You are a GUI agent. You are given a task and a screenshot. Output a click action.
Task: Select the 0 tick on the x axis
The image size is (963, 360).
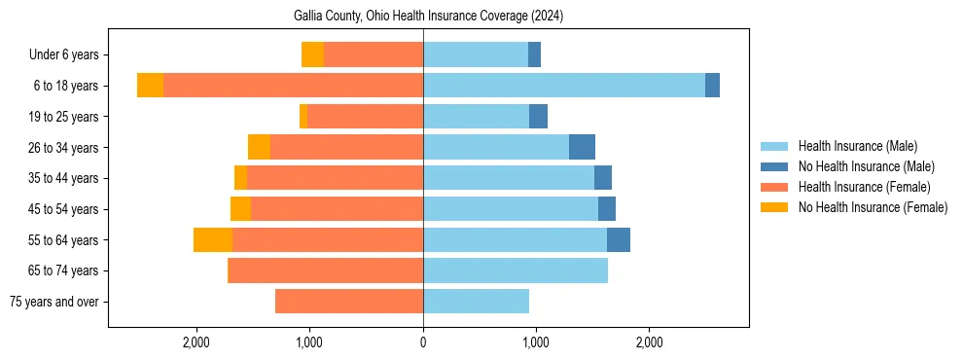[x=423, y=342]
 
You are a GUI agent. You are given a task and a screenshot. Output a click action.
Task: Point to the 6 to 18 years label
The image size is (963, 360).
[x=66, y=86]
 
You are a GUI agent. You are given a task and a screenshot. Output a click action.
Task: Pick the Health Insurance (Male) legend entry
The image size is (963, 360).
[x=857, y=146]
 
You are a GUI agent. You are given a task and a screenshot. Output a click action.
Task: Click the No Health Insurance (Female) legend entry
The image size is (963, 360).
[x=873, y=207]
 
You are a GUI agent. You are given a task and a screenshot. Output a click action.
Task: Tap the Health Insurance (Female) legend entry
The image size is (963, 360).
[x=864, y=187]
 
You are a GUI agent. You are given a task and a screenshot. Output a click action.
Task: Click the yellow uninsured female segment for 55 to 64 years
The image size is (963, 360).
[x=213, y=239]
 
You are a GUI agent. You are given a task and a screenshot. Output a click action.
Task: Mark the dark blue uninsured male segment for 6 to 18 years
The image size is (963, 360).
[x=712, y=86]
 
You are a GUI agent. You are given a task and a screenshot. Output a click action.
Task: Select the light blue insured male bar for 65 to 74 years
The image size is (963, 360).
[x=516, y=270]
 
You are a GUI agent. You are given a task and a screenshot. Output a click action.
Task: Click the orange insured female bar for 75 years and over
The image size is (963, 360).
[x=349, y=302]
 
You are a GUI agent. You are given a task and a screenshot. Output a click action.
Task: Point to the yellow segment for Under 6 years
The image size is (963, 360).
[x=312, y=55]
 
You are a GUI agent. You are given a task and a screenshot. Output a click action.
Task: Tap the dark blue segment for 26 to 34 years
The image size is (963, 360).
[x=582, y=147]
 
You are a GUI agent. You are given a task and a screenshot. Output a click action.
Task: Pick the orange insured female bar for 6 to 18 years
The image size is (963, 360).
[x=293, y=86]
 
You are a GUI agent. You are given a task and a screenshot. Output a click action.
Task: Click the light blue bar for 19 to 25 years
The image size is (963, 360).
[x=476, y=117]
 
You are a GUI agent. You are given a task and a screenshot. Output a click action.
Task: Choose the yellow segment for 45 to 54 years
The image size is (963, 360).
[x=240, y=209]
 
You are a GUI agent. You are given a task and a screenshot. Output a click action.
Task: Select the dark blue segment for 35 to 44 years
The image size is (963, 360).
[x=603, y=178]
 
